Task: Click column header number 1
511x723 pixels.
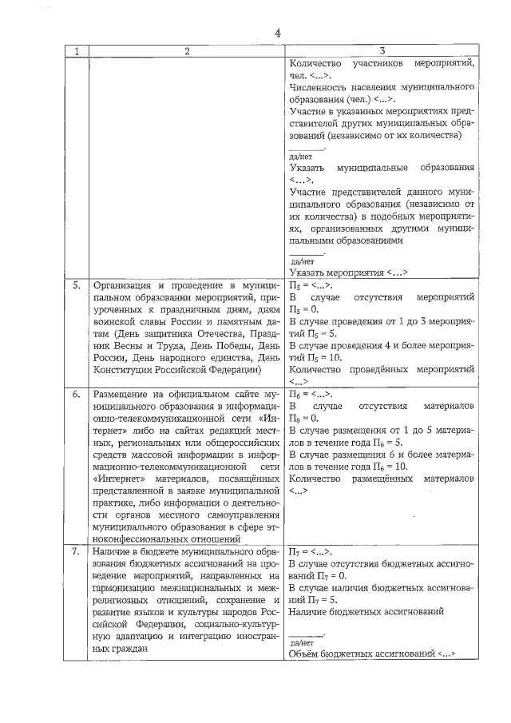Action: [76, 52]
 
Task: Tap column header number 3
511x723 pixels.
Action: [383, 52]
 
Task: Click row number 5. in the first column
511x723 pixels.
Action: [77, 284]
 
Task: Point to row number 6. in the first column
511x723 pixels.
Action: [77, 395]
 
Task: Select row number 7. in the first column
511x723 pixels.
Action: [77, 550]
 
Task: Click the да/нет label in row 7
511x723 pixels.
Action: [302, 642]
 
